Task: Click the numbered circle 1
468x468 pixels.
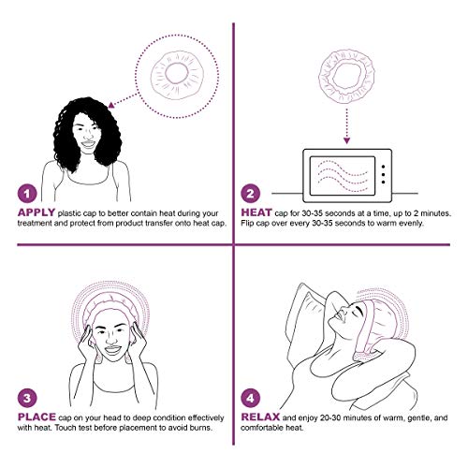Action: coord(27,195)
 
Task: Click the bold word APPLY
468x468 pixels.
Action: coord(37,213)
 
